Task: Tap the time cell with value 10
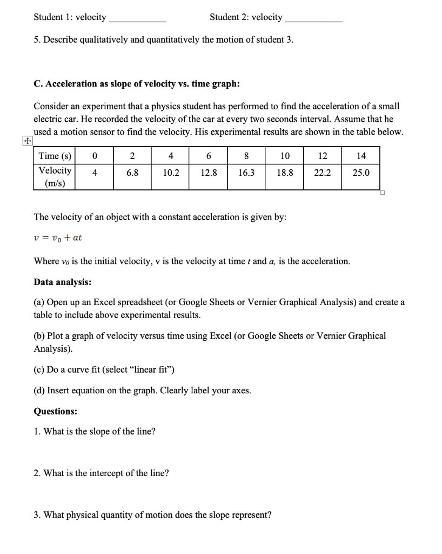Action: (285, 156)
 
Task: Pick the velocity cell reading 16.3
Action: (246, 173)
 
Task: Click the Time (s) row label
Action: (55, 156)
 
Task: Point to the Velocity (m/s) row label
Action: (55, 177)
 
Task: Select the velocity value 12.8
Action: (209, 173)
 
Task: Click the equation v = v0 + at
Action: (58, 238)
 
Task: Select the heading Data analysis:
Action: (62, 282)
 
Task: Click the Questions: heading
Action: (55, 411)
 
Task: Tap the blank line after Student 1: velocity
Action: (137, 19)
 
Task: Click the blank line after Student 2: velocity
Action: (313, 19)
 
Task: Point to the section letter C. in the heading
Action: (38, 84)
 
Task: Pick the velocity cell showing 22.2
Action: (323, 173)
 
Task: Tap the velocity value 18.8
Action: (285, 173)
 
